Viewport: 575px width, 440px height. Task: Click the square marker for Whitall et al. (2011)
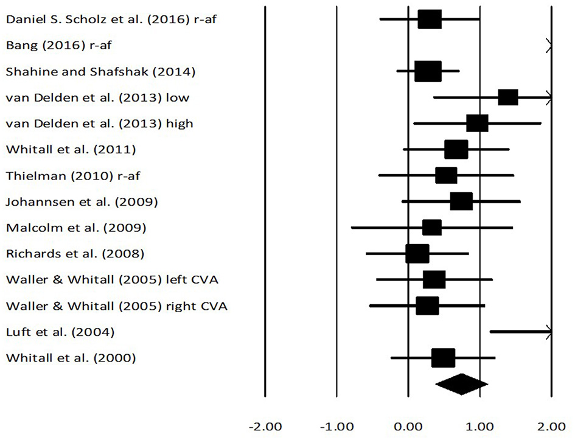(456, 149)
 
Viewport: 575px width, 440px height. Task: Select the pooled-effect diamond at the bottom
(462, 384)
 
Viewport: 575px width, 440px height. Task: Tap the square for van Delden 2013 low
(507, 97)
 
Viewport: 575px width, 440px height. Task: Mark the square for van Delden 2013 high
(477, 124)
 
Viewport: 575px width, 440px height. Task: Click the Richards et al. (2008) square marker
(417, 254)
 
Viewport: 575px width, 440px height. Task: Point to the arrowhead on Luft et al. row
(549, 332)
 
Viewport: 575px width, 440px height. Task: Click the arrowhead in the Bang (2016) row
(549, 45)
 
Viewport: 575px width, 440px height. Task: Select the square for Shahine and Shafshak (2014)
(428, 71)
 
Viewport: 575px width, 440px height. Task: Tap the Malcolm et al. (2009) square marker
(431, 228)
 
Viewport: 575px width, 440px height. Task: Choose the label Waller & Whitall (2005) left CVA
(112, 280)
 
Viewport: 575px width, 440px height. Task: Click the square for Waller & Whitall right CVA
(427, 306)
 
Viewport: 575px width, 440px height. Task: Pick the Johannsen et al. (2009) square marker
(461, 201)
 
